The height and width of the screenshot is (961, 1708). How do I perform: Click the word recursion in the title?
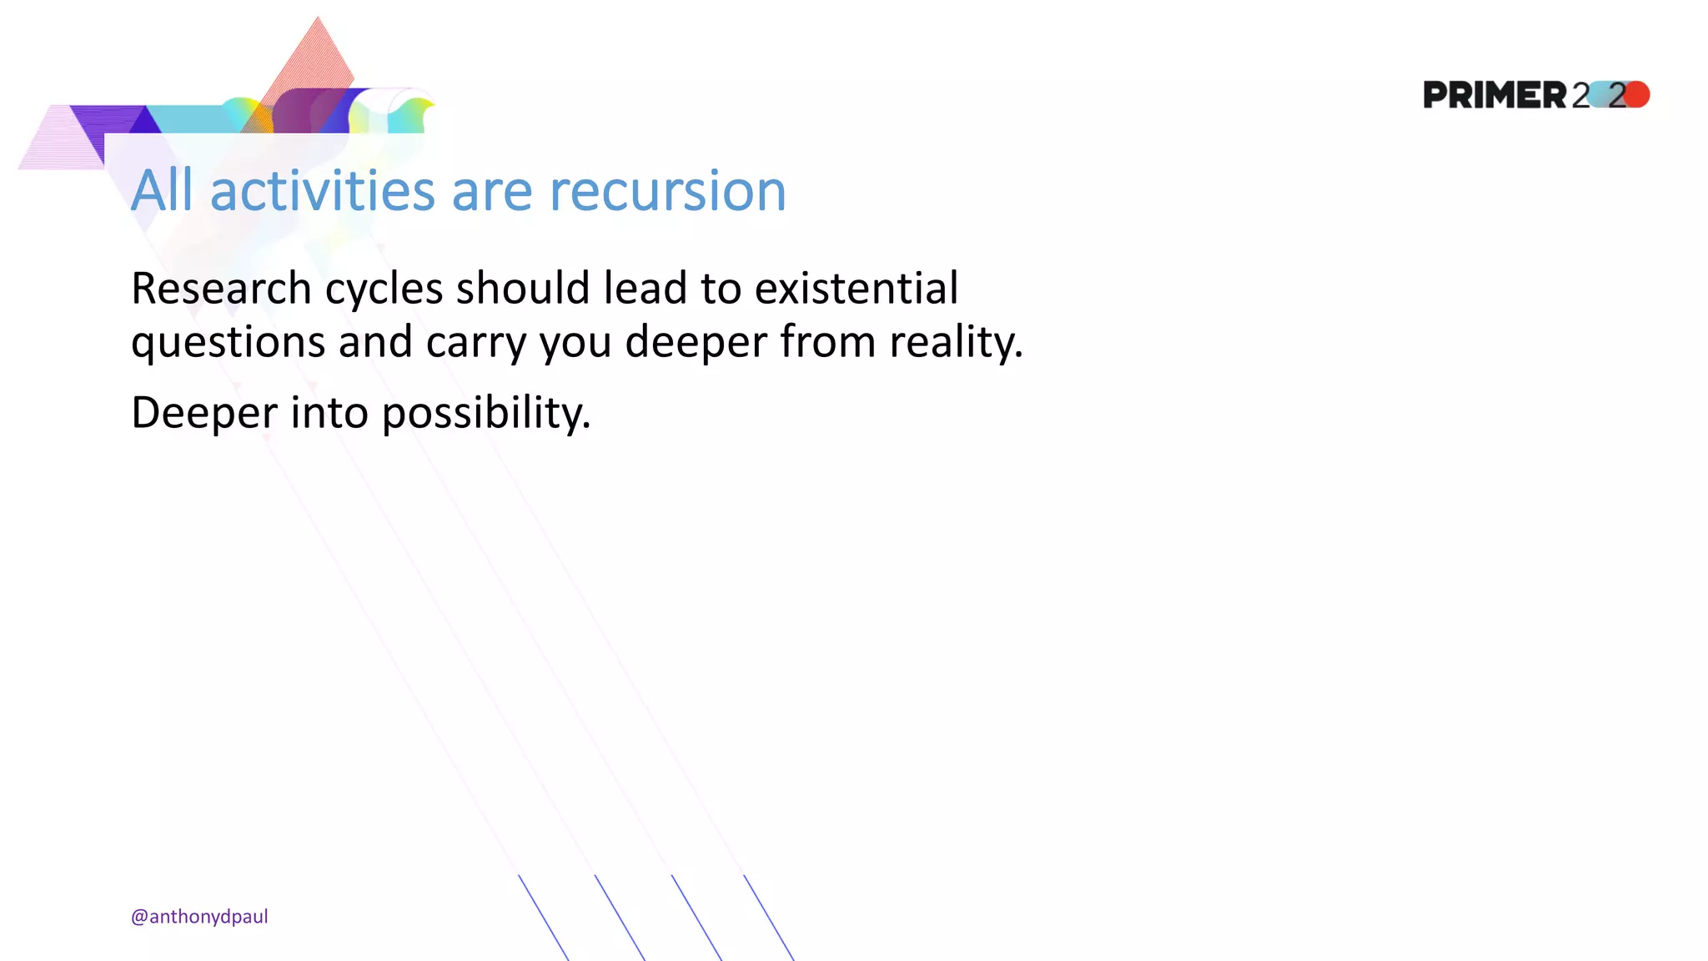667,191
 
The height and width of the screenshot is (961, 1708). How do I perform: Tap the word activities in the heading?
323,191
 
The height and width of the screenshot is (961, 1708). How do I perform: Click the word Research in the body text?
221,289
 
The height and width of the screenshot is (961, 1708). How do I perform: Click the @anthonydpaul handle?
199,917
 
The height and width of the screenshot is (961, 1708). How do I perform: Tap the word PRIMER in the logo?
1495,95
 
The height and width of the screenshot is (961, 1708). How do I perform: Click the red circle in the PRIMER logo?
1637,94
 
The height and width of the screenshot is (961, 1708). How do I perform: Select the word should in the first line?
523,289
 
